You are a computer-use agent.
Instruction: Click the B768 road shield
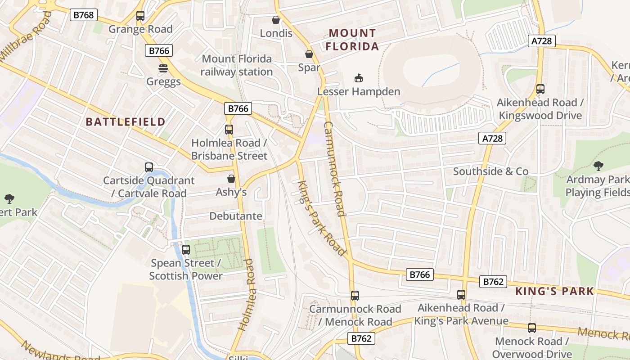pyautogui.click(x=84, y=15)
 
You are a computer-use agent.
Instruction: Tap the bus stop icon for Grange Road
pyautogui.click(x=140, y=16)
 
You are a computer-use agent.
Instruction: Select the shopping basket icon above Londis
pyautogui.click(x=276, y=20)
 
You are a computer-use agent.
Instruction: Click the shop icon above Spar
pyautogui.click(x=309, y=54)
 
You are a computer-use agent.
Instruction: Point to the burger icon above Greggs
pyautogui.click(x=163, y=68)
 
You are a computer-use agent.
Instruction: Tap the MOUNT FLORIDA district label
pyautogui.click(x=352, y=40)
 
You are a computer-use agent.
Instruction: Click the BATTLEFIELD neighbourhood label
pyautogui.click(x=126, y=121)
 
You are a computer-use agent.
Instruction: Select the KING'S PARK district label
pyautogui.click(x=554, y=291)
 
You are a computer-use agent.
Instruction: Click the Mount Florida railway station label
pyautogui.click(x=237, y=65)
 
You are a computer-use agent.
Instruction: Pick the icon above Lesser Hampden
pyautogui.click(x=358, y=78)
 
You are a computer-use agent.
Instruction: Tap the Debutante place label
pyautogui.click(x=236, y=216)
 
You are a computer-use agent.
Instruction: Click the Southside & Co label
pyautogui.click(x=490, y=171)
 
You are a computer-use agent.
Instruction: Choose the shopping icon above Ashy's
pyautogui.click(x=231, y=179)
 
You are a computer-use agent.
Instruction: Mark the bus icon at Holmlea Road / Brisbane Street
pyautogui.click(x=229, y=130)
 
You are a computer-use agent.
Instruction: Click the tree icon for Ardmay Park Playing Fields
pyautogui.click(x=598, y=166)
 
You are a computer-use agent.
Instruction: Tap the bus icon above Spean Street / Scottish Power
pyautogui.click(x=186, y=249)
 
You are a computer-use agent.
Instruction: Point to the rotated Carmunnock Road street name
pyautogui.click(x=334, y=169)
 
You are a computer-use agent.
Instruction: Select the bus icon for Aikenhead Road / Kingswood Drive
pyautogui.click(x=540, y=89)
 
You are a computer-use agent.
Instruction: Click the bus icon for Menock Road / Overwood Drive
pyautogui.click(x=532, y=328)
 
